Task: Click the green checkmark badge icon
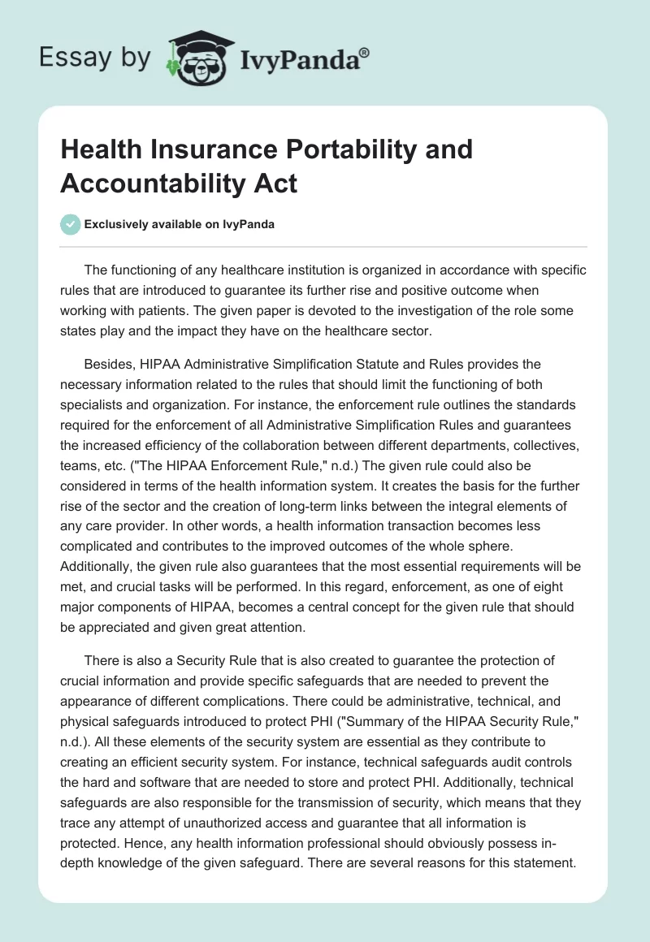pyautogui.click(x=71, y=224)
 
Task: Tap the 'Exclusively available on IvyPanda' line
pyautogui.click(x=179, y=225)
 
